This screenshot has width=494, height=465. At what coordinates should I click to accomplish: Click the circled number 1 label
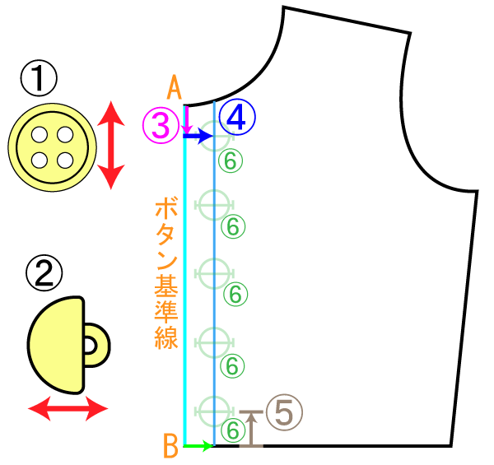pos(39,78)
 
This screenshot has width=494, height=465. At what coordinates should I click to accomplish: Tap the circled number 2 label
pos(44,272)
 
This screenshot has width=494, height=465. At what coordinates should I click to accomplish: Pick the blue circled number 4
pos(237,117)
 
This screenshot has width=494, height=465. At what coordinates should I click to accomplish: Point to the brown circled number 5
pos(284,412)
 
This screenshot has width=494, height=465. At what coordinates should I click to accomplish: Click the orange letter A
pos(175,87)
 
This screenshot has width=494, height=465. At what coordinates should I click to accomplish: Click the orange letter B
pos(170,446)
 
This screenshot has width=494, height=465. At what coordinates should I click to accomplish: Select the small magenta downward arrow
pos(187,120)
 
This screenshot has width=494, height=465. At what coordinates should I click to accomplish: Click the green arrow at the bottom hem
pos(198,446)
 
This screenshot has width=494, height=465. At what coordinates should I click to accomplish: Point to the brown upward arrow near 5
pos(251,429)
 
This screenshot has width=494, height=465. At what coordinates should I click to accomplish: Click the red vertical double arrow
pos(111,145)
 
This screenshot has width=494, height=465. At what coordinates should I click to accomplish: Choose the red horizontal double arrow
pos(68,409)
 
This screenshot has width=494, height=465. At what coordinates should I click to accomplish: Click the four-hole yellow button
pos(53,147)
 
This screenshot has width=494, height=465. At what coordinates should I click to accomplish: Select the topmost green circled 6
pos(231,160)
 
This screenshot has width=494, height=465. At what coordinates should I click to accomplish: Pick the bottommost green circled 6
pos(233,430)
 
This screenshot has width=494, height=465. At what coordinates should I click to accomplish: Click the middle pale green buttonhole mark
pos(214,273)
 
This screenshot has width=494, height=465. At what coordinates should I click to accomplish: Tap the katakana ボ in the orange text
pos(166,207)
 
